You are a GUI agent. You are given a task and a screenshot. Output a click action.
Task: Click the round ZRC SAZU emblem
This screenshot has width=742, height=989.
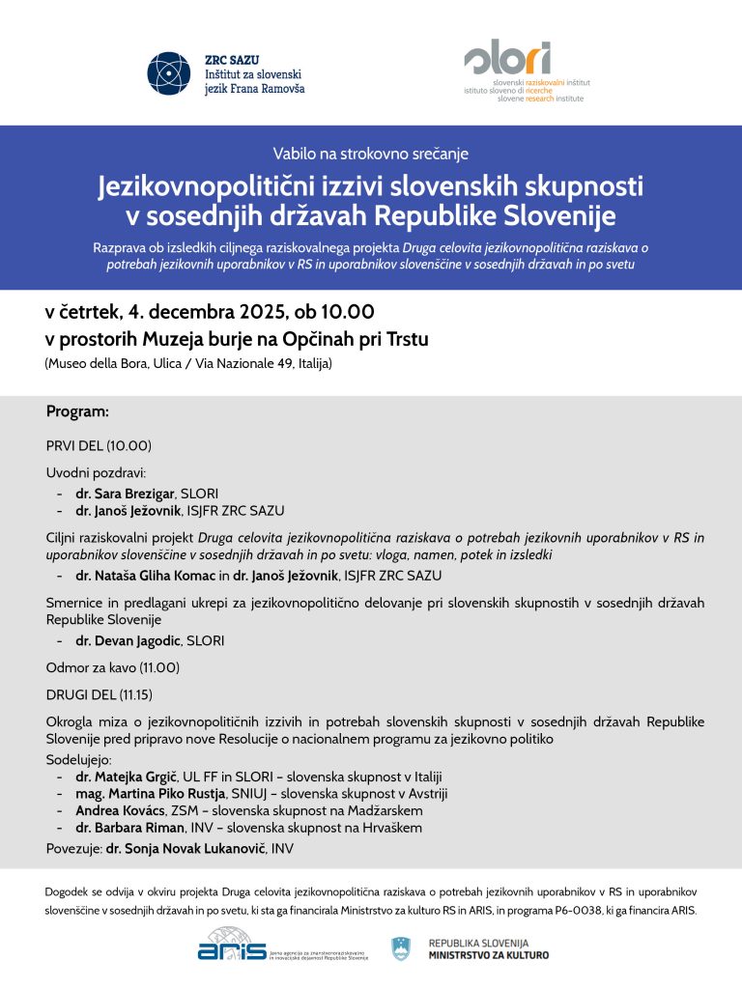pos(169,73)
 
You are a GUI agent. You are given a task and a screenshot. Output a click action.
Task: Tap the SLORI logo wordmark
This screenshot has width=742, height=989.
pos(508,59)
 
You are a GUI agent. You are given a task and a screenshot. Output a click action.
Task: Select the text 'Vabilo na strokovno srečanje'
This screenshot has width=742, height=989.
pos(371,153)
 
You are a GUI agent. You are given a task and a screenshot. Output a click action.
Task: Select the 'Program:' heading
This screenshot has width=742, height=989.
pos(77,411)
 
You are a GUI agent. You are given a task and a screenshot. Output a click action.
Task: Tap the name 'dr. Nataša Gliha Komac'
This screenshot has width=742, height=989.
pos(144,576)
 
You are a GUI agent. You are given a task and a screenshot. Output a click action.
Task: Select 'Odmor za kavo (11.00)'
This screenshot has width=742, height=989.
pos(113,667)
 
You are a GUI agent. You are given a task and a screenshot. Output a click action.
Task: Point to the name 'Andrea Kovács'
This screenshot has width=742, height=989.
pos(120,810)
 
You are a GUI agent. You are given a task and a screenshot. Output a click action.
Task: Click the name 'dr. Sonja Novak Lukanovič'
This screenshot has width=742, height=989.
pos(187,849)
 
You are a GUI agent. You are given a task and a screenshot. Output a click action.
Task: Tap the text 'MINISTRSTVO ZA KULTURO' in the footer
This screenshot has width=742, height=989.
pos(489,955)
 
